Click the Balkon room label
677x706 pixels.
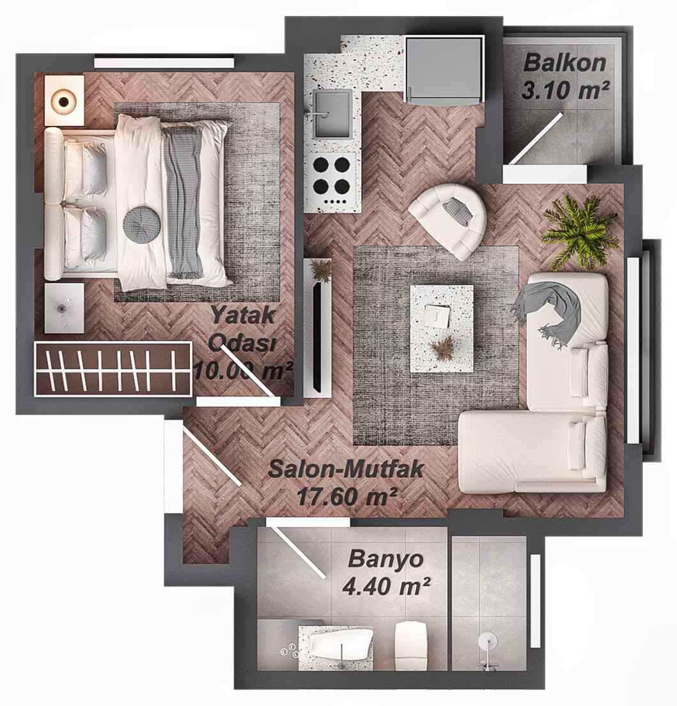pos(564,64)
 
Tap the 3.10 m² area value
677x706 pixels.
pos(564,90)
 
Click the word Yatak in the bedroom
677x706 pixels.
pos(243,314)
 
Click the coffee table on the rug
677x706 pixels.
pos(441,328)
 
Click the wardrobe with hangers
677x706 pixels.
pos(113,369)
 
